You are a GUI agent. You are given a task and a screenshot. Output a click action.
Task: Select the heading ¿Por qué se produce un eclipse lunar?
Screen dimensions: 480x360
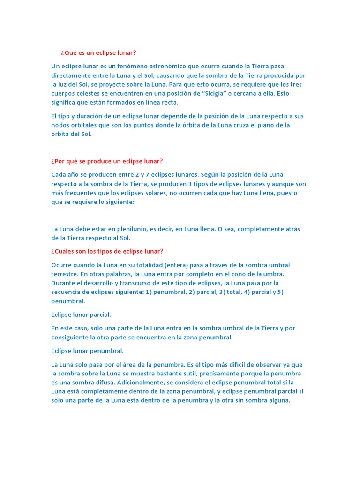(107, 161)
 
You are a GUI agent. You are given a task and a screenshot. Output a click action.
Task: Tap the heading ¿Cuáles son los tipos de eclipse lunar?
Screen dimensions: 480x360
(107, 251)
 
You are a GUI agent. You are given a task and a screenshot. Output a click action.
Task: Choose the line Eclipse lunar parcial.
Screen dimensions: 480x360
(81, 315)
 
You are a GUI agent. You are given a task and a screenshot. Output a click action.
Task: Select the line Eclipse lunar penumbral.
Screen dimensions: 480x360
(87, 351)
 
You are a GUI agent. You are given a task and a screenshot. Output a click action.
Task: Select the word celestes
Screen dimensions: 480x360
(89, 93)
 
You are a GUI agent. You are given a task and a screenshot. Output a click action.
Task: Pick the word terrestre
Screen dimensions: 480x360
(65, 274)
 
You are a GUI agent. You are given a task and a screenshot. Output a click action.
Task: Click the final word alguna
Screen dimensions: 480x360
(279, 400)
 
